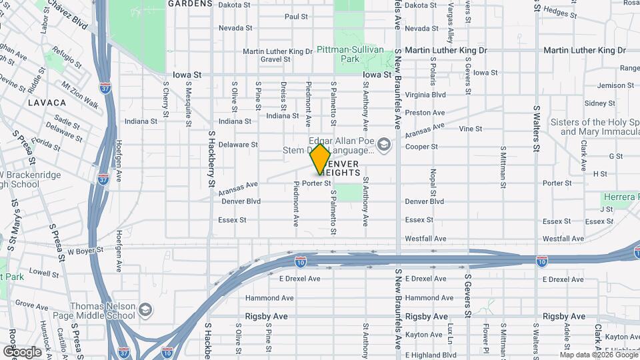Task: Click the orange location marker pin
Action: (320, 159)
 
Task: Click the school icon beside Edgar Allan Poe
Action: (383, 144)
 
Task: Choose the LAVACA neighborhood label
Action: (47, 103)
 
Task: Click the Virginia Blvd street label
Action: (425, 95)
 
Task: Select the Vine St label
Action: (470, 129)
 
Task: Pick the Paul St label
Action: (295, 17)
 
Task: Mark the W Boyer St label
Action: (85, 251)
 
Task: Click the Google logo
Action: (22, 351)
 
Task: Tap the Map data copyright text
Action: (598, 355)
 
